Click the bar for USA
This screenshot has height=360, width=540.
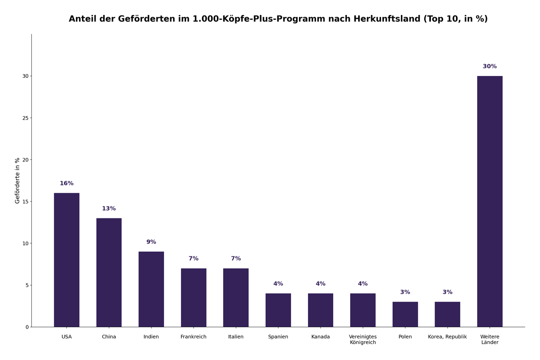click(67, 260)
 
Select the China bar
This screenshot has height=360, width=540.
click(109, 272)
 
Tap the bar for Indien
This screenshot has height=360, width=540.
click(151, 289)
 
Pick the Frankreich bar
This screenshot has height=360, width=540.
click(194, 298)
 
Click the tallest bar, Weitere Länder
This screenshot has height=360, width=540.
click(489, 202)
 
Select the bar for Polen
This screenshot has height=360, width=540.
click(405, 314)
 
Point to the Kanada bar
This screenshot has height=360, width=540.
click(320, 310)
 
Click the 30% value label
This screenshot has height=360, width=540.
click(489, 67)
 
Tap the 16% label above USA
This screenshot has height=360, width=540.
click(67, 183)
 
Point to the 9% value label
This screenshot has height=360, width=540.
click(151, 242)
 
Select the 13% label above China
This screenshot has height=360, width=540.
click(109, 209)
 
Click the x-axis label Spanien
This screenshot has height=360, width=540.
click(278, 337)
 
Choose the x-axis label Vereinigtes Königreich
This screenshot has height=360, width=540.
click(363, 339)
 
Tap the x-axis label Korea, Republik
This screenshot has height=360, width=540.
click(447, 337)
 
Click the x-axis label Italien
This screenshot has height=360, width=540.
click(236, 337)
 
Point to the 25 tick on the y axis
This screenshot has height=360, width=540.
click(25, 118)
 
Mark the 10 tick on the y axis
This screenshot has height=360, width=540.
click(25, 243)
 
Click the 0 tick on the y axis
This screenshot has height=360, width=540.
click(27, 327)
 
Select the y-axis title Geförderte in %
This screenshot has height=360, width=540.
click(18, 180)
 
